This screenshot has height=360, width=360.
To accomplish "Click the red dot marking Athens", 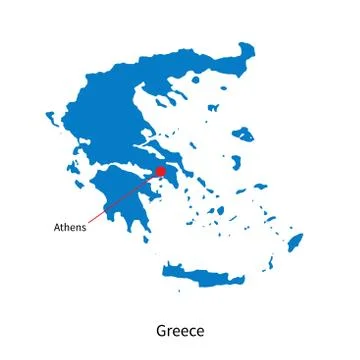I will coord(161,171).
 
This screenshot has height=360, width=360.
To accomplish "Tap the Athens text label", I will coord(70,227).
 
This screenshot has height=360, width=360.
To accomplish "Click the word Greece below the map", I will coord(180,329).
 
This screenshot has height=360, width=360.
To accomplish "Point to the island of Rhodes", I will coord(294,242).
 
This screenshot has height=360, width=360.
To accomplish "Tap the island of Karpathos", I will coord(271,260).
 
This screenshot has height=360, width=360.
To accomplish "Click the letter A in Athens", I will coord(57,227).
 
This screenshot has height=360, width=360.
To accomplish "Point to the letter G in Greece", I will coord(161,329).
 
